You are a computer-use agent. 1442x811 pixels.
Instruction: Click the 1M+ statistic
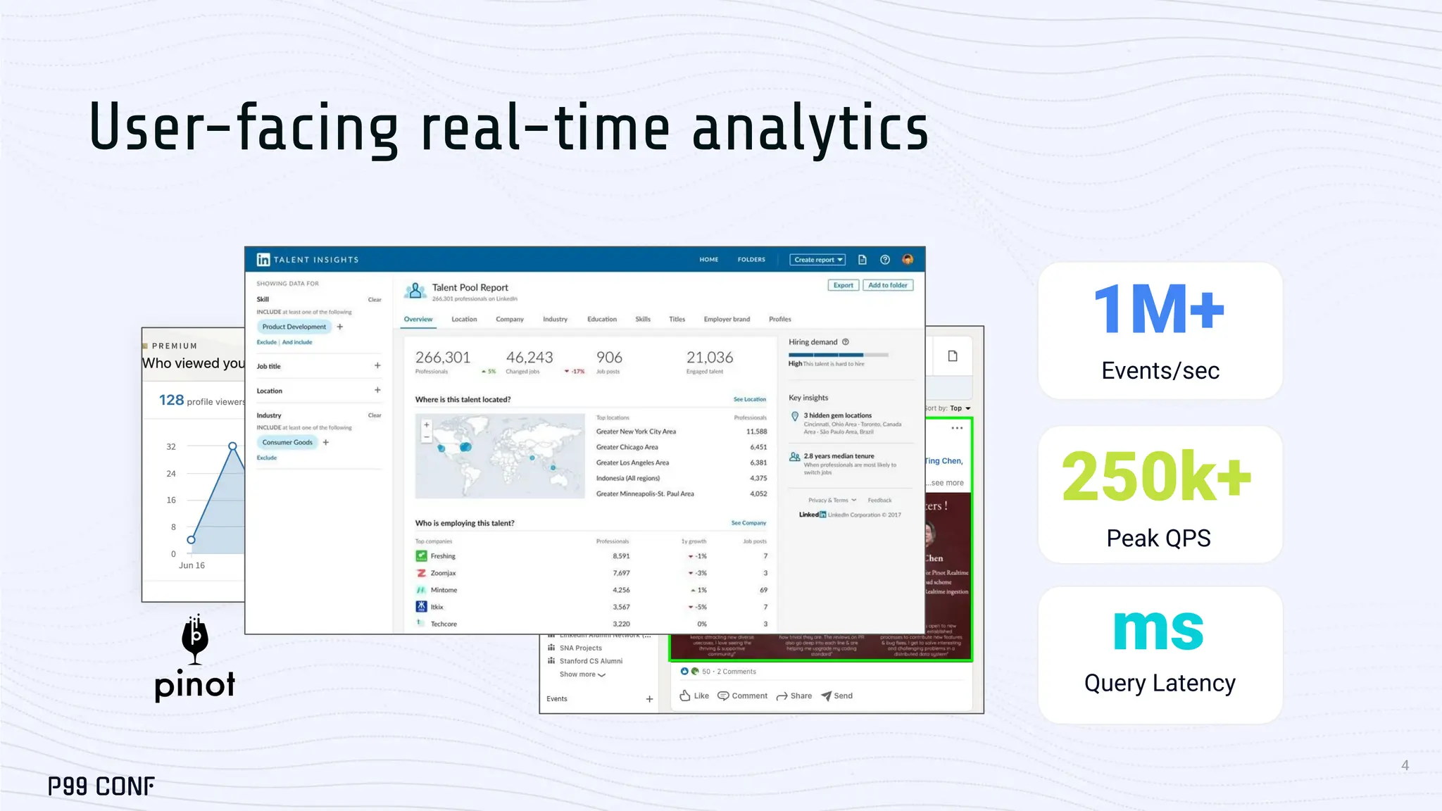coord(1159,309)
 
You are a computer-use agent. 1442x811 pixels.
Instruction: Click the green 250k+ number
coord(1156,477)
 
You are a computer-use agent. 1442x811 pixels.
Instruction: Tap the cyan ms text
coord(1158,630)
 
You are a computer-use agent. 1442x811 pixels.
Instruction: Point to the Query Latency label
coord(1160,683)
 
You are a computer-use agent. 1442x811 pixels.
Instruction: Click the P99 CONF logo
coord(101,786)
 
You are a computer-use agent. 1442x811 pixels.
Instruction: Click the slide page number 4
coord(1405,765)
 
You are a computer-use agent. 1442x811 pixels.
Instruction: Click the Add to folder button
coord(887,285)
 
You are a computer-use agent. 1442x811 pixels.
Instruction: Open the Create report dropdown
coord(817,260)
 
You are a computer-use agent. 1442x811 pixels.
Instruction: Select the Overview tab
coord(418,320)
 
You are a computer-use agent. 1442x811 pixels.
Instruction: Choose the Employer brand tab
coord(727,320)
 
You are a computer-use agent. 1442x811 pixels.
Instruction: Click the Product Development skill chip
coord(294,327)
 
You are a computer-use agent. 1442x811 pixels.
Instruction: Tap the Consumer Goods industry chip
coord(287,443)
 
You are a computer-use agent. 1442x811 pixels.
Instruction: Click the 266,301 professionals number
coord(442,358)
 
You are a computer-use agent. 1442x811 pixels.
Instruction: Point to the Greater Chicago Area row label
coord(627,447)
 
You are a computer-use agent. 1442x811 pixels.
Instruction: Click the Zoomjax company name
coord(443,573)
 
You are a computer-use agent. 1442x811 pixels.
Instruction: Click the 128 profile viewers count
coord(171,400)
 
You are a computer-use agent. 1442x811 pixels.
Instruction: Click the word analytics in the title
coord(810,128)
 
